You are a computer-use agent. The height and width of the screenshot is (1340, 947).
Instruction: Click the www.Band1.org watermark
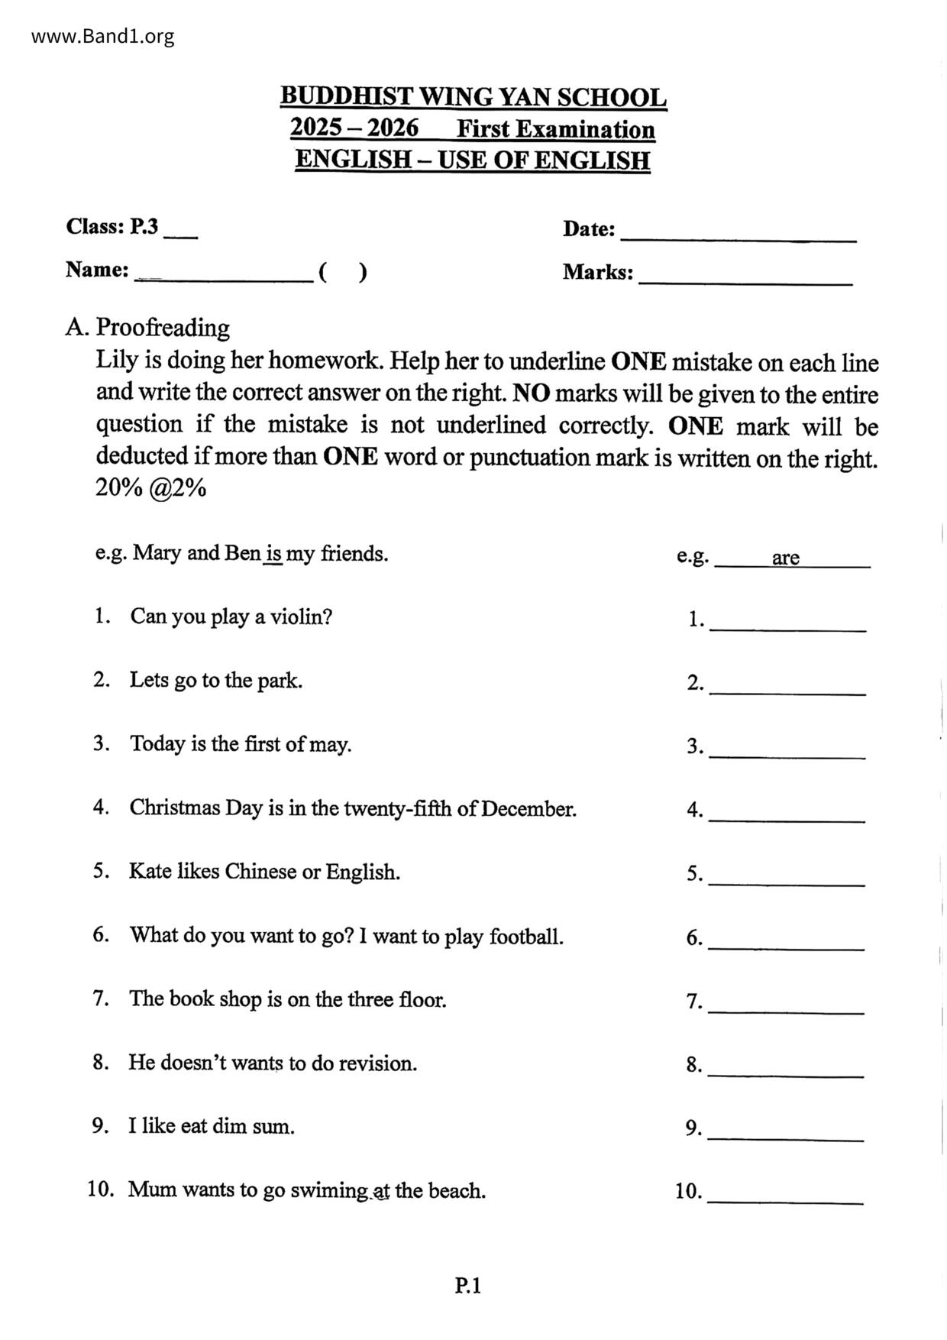tap(103, 36)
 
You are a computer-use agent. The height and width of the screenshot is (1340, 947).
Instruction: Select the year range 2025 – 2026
tap(354, 128)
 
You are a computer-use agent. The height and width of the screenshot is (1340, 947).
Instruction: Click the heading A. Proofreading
tap(147, 328)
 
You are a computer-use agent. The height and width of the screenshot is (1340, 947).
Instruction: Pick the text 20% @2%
tap(150, 488)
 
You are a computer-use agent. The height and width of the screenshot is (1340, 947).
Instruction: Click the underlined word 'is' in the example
tap(273, 554)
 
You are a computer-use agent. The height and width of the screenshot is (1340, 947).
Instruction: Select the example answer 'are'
tap(785, 558)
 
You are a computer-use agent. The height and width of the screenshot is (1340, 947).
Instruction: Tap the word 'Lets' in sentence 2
tap(149, 680)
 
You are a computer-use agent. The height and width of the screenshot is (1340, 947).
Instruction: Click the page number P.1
tap(468, 1286)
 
